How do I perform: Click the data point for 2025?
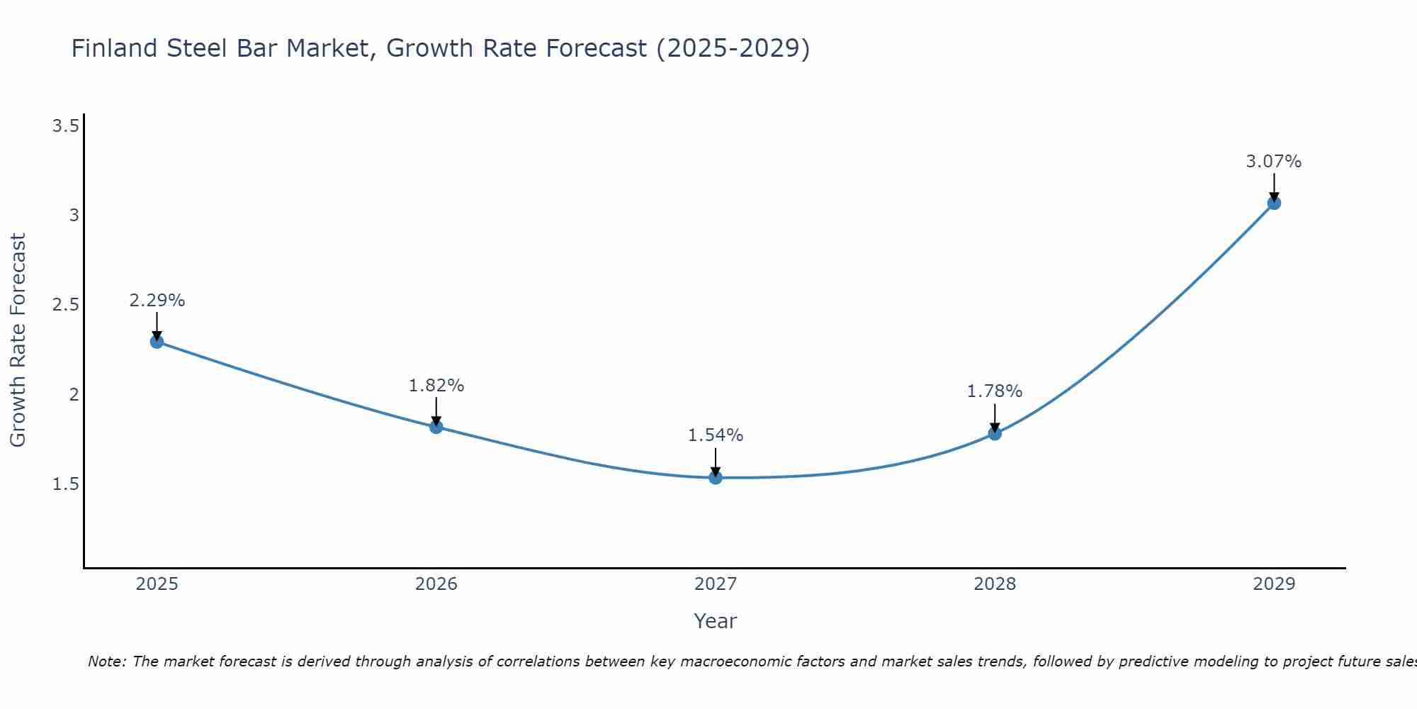click(157, 342)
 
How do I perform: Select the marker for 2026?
click(436, 427)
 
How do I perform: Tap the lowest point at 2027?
click(716, 478)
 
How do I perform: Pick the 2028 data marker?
click(995, 433)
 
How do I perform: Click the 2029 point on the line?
click(1274, 203)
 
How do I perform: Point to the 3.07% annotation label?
click(1274, 162)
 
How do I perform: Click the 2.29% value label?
click(157, 301)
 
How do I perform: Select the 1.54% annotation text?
click(716, 435)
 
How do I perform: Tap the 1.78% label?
click(995, 391)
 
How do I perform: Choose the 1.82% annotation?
click(436, 386)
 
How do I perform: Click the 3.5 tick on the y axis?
click(65, 126)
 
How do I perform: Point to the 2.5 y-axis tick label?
click(65, 305)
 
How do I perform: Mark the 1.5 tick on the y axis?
click(65, 484)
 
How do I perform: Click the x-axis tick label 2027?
click(716, 584)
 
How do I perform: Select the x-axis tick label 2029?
click(1274, 584)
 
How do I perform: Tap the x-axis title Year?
click(716, 621)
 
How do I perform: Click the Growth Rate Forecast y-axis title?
click(18, 340)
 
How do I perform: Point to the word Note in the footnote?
click(106, 661)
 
